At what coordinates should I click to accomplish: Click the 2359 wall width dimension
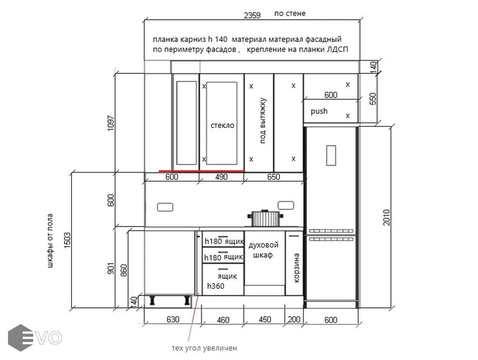pyautogui.click(x=252, y=15)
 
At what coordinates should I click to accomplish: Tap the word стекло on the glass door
pyautogui.click(x=223, y=125)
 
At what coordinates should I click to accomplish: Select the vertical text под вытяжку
pyautogui.click(x=263, y=120)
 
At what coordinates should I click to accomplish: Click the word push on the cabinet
pyautogui.click(x=319, y=111)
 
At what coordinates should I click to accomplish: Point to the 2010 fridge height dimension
pyautogui.click(x=386, y=217)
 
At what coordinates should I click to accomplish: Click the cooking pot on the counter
pyautogui.click(x=265, y=218)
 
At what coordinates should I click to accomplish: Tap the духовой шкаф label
pyautogui.click(x=263, y=250)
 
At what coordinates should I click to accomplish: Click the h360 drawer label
pyautogui.click(x=215, y=286)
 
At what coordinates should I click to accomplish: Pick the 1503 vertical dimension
pyautogui.click(x=68, y=240)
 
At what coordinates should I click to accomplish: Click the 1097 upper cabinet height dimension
pyautogui.click(x=111, y=123)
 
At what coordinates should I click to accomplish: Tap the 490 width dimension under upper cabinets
pyautogui.click(x=221, y=177)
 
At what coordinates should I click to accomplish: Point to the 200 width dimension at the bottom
pyautogui.click(x=294, y=320)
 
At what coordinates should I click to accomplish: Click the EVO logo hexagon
pyautogui.click(x=20, y=338)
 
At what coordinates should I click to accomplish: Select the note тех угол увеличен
pyautogui.click(x=204, y=348)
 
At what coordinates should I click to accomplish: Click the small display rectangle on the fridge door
pyautogui.click(x=331, y=156)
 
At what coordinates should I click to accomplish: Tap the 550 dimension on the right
pyautogui.click(x=373, y=99)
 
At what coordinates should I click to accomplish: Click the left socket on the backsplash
pyautogui.click(x=165, y=208)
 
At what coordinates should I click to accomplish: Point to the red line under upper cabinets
pyautogui.click(x=201, y=172)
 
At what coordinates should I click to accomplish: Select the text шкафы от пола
pyautogui.click(x=50, y=241)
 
